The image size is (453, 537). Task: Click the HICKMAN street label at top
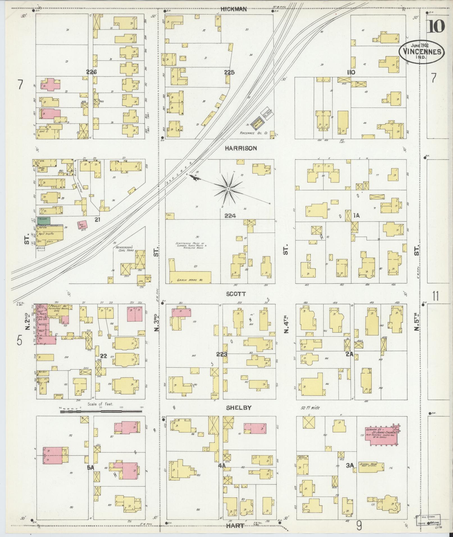point(234,9)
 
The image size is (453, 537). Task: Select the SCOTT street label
point(236,294)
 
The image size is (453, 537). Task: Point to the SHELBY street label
point(239,408)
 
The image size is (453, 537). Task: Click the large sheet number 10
point(436,27)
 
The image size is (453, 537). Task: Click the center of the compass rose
point(229,189)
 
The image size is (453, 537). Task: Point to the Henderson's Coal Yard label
point(125,250)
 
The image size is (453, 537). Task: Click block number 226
point(92,72)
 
